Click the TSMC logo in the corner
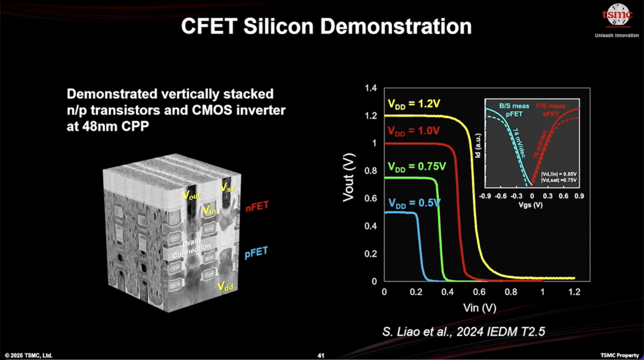617,15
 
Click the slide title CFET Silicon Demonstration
326,27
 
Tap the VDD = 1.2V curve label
414,104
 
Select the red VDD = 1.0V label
413,131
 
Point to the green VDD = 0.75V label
417,167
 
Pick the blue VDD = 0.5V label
414,203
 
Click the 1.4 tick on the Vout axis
371,88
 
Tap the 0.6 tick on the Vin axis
479,292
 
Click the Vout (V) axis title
349,177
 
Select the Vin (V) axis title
479,308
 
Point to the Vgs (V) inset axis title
530,205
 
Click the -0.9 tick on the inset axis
485,196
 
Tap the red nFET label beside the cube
257,207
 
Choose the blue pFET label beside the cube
256,253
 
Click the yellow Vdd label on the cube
225,286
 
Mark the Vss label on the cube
227,187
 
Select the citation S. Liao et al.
463,332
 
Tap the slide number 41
321,356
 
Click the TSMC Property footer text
619,355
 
